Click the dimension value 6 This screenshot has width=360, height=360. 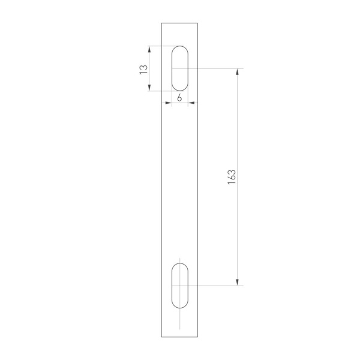[179, 97]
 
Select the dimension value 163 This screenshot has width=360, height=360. [232, 177]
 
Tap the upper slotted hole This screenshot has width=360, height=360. [179, 68]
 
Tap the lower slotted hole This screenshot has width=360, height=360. [179, 286]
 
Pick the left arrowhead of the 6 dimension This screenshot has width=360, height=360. [169, 103]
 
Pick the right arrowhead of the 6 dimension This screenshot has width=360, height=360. [191, 103]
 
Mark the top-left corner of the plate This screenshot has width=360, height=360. [161, 23]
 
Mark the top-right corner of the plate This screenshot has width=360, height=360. [198, 23]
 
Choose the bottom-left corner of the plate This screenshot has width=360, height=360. [161, 337]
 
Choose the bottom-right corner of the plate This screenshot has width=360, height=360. [198, 337]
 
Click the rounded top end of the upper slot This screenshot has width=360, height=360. [179, 47]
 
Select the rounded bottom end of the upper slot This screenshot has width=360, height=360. [179, 89]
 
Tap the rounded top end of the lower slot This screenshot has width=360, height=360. [179, 265]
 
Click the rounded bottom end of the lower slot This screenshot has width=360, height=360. [179, 307]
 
